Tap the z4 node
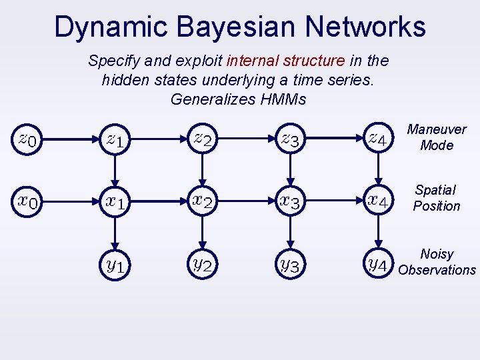[x=378, y=140]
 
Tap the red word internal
[x=253, y=61]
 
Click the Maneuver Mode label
[x=437, y=137]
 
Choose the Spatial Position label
[x=436, y=199]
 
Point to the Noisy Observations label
[x=437, y=262]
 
